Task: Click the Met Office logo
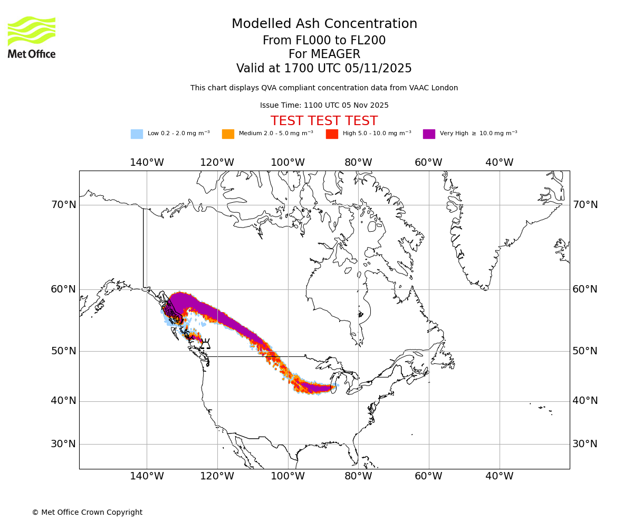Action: pos(32,37)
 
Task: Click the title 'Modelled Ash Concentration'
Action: pos(324,24)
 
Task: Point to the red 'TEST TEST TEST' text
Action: pos(324,121)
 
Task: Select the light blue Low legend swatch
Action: pos(137,134)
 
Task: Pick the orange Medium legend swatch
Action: pos(228,134)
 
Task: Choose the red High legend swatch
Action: pos(332,134)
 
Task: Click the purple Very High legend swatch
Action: pos(429,134)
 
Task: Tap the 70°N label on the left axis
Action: pos(63,205)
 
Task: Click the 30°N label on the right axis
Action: pos(585,444)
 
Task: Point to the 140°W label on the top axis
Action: pos(147,163)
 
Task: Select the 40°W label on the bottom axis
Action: pos(499,476)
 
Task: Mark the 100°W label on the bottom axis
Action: pos(287,476)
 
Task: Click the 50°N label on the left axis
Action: pos(63,351)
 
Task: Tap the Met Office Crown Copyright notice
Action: pos(87,512)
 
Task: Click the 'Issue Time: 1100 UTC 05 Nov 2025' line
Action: pos(324,105)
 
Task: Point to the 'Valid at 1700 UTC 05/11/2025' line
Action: pos(324,69)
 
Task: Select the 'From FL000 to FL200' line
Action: pos(324,41)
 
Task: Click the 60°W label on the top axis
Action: pos(428,163)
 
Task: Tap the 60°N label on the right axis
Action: pos(585,289)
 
